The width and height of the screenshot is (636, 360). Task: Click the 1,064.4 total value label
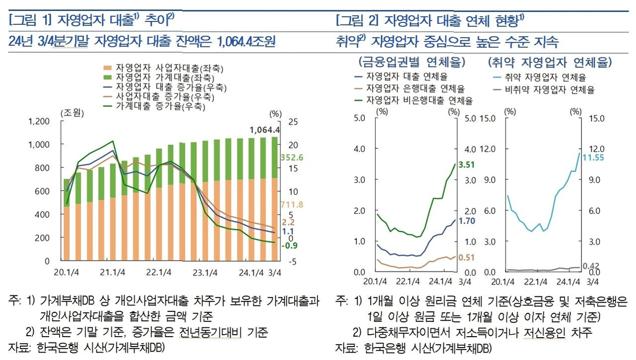point(265,130)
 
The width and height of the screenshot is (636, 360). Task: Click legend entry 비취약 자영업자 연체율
point(549,90)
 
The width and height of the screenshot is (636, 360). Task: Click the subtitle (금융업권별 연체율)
point(411,63)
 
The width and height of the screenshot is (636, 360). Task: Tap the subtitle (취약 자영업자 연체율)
point(550,63)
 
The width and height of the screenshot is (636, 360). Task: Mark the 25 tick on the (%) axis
point(293,121)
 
